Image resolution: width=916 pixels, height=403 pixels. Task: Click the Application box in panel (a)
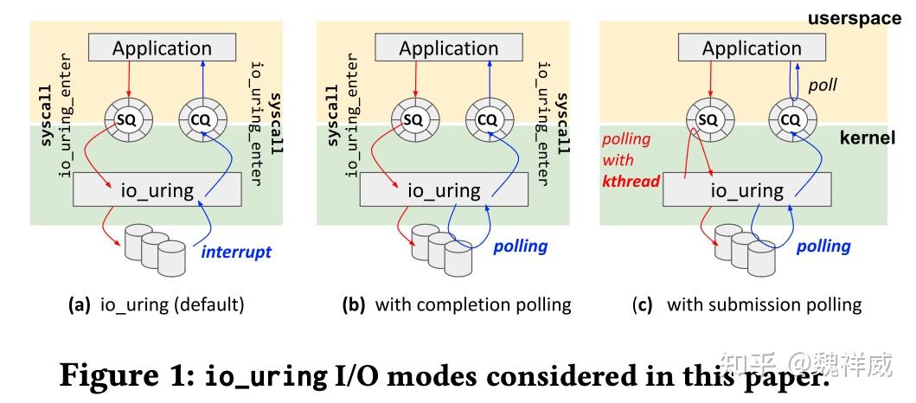pyautogui.click(x=162, y=48)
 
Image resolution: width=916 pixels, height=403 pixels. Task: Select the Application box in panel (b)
pyautogui.click(x=449, y=48)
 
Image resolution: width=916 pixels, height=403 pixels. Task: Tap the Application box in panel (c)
pyautogui.click(x=752, y=48)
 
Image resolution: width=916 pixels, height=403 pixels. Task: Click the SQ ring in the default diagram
pyautogui.click(x=128, y=120)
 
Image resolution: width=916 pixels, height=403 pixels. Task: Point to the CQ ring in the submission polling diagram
pyautogui.click(x=791, y=120)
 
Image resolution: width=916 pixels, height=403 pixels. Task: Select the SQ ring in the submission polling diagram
pyautogui.click(x=708, y=120)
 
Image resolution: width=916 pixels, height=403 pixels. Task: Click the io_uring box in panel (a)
pyautogui.click(x=157, y=189)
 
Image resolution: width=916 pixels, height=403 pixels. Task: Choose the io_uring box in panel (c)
pyautogui.click(x=747, y=189)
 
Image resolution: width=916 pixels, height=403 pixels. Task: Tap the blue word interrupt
pyautogui.click(x=236, y=252)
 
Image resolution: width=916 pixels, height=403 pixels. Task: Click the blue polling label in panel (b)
pyautogui.click(x=521, y=246)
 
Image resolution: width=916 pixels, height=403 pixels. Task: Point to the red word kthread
pyautogui.click(x=631, y=181)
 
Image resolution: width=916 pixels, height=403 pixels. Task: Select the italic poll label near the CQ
pyautogui.click(x=823, y=86)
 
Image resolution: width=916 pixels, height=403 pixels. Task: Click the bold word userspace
pyautogui.click(x=855, y=18)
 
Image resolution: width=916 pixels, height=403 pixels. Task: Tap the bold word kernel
pyautogui.click(x=868, y=138)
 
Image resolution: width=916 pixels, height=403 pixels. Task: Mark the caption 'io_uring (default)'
pyautogui.click(x=172, y=304)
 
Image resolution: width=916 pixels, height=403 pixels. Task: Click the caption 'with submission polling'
pyautogui.click(x=764, y=304)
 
